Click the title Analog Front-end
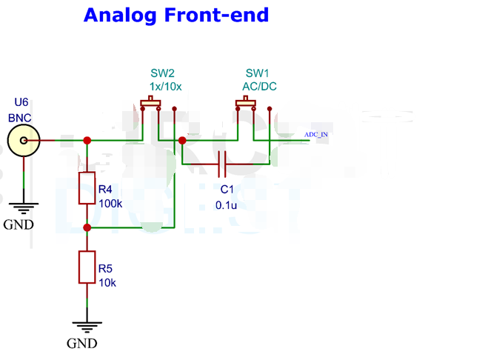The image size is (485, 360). tap(176, 15)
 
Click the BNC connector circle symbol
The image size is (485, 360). tap(24, 140)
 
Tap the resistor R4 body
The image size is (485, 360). tap(87, 188)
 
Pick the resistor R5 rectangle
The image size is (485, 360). tap(87, 267)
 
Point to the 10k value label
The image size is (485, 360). tap(107, 282)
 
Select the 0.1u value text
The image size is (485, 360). tap(226, 204)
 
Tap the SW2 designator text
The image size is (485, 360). tap(163, 73)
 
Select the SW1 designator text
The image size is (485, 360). tap(258, 73)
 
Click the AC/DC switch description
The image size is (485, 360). tap(259, 86)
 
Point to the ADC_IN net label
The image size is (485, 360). tap(316, 135)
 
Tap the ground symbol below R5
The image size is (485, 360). tap(87, 326)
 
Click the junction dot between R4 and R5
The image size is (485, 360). tap(87, 227)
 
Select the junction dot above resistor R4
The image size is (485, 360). tap(87, 140)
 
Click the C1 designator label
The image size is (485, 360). tap(227, 190)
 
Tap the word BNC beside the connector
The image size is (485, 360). tap(21, 118)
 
